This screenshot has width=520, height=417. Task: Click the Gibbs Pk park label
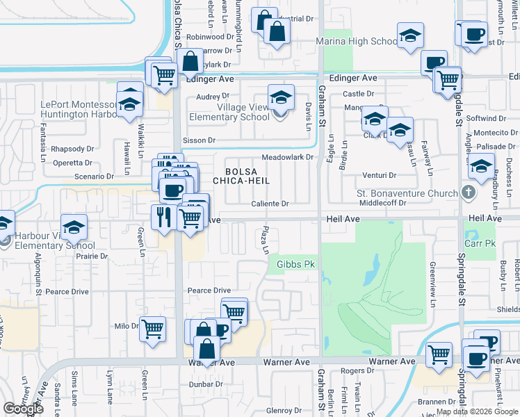click(296, 265)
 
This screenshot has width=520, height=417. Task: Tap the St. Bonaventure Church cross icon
click(469, 193)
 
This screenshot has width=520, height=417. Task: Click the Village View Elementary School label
click(243, 112)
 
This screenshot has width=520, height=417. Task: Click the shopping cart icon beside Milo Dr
click(152, 329)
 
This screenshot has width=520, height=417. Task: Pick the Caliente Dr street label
click(270, 204)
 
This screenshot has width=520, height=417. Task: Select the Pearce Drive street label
click(209, 291)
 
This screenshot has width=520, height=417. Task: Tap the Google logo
click(23, 409)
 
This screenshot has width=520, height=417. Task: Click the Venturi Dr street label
click(379, 175)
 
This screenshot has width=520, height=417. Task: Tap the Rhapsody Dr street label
click(72, 149)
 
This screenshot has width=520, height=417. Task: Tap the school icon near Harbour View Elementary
click(74, 228)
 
